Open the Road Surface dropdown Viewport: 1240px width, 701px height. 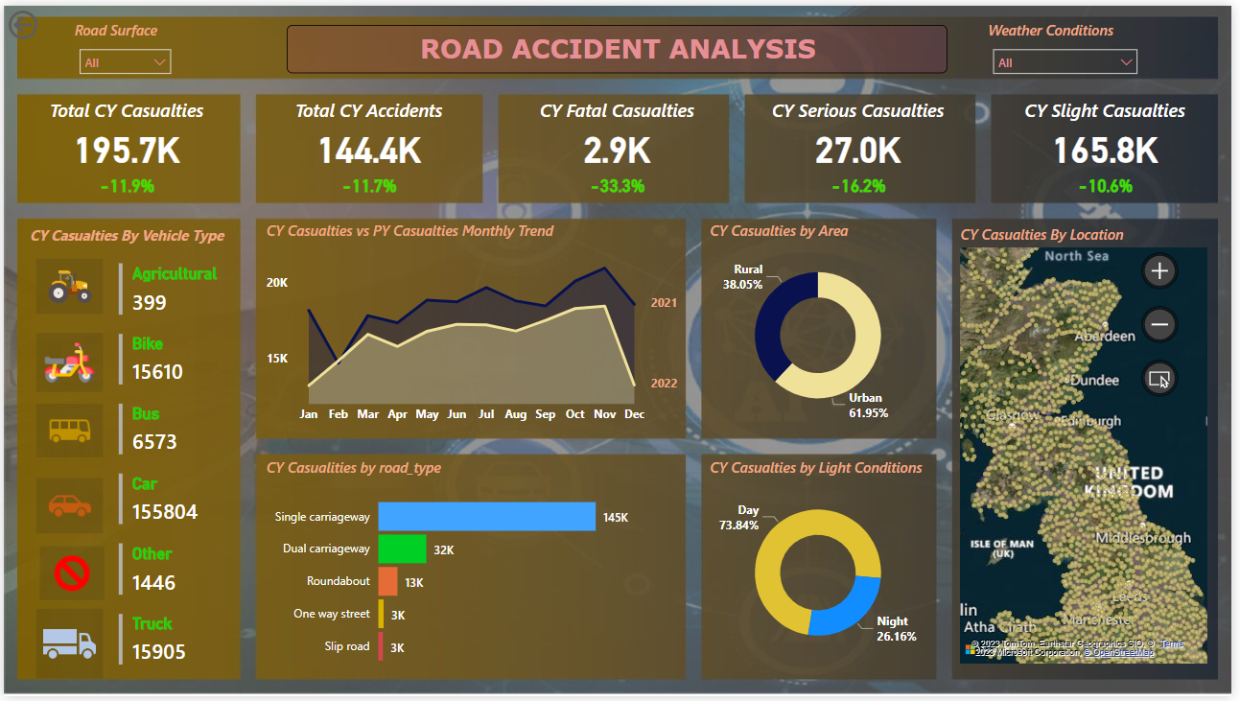tap(125, 62)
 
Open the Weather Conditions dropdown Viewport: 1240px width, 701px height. tap(1065, 62)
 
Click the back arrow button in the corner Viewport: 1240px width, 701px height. tap(22, 25)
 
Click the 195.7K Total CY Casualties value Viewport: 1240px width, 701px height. tap(128, 151)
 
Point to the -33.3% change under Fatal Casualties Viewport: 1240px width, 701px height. tap(617, 186)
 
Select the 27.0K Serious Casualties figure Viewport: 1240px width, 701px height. tap(858, 151)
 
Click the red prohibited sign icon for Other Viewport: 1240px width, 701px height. tap(71, 573)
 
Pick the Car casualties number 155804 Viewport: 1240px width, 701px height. tap(165, 512)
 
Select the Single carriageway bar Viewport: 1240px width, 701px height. tap(486, 517)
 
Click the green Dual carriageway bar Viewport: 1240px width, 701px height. tap(402, 549)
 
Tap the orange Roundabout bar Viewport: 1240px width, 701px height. tap(387, 582)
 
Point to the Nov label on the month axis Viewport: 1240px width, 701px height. tap(604, 414)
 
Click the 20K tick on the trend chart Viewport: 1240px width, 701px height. tap(277, 283)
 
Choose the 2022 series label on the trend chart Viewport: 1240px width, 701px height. tap(664, 384)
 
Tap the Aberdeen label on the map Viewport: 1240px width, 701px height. tap(1105, 337)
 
